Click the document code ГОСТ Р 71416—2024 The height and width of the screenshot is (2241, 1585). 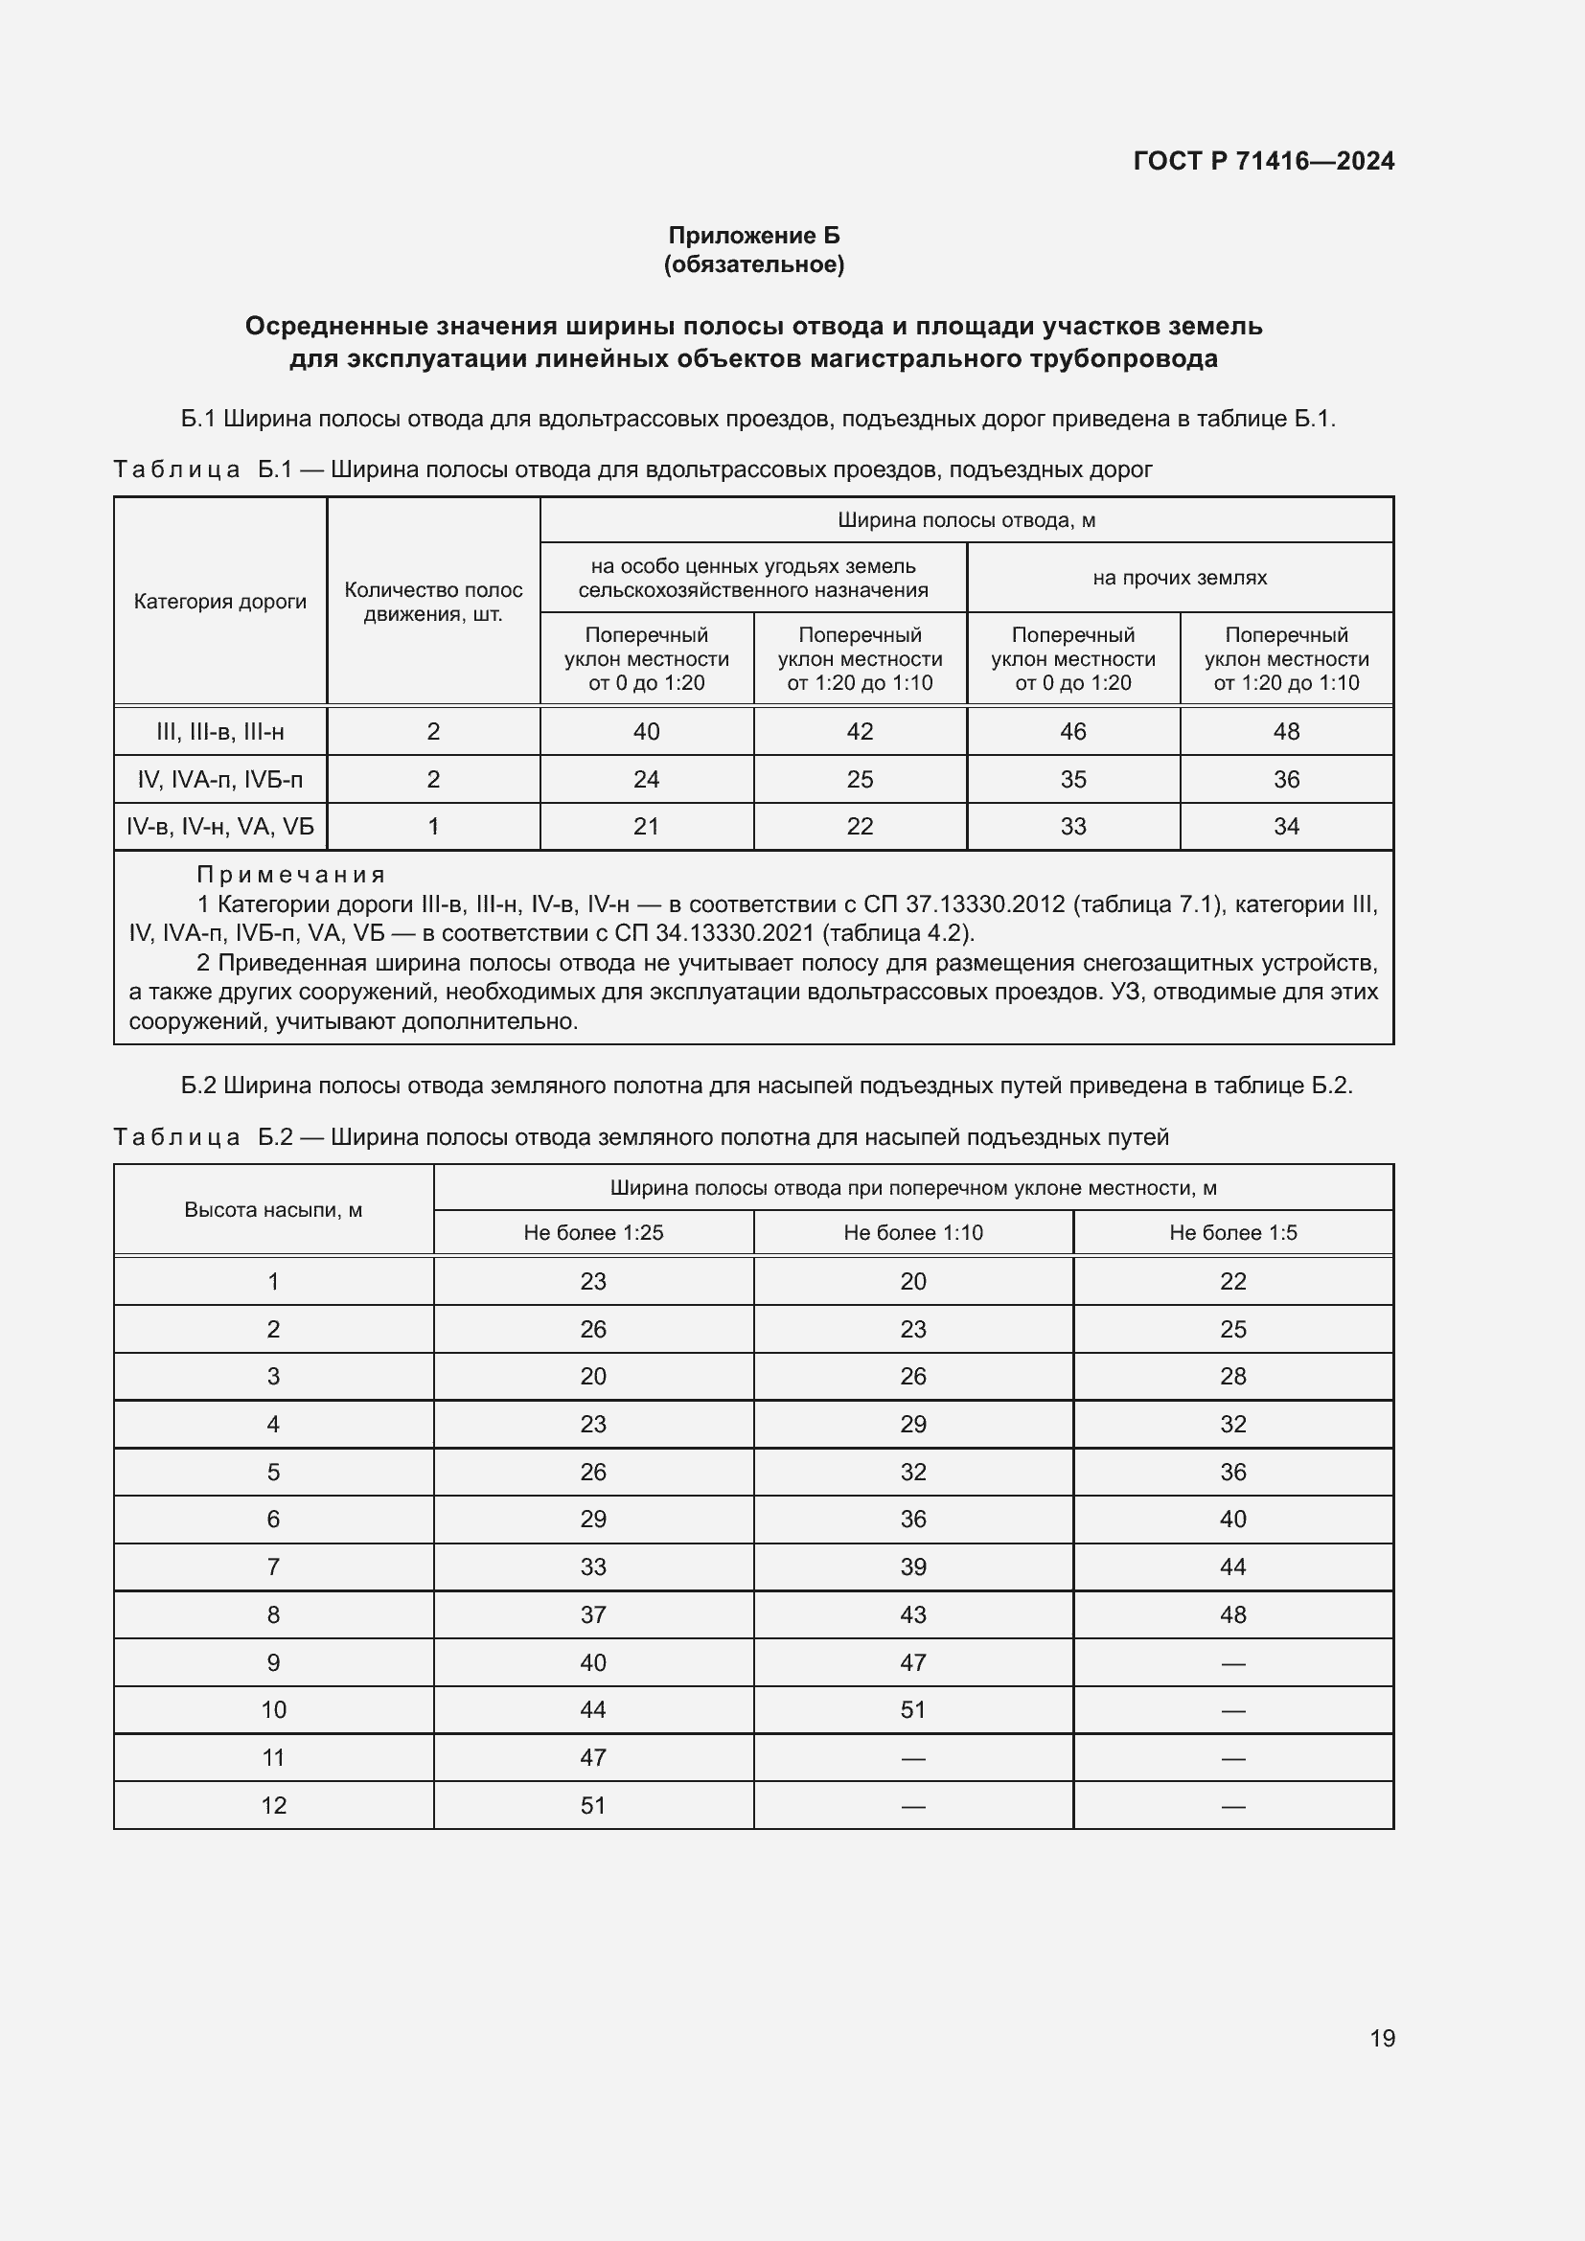coord(1263,161)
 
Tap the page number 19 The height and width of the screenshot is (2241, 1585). coord(1382,2038)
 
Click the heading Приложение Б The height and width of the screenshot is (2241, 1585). coord(753,236)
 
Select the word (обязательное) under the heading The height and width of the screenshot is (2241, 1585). coord(753,264)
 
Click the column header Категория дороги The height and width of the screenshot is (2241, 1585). coord(219,602)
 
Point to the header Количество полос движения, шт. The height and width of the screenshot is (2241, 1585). coord(433,602)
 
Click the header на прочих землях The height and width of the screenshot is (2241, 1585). coord(1179,578)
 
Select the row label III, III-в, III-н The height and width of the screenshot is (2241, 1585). coord(219,731)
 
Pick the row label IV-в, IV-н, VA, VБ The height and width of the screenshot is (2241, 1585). coord(219,827)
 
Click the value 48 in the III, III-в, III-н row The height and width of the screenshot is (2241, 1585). coord(1285,731)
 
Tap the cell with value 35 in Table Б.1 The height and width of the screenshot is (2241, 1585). coord(1072,779)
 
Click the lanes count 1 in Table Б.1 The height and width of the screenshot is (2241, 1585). coord(433,827)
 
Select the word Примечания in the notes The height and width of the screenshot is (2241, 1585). coord(291,875)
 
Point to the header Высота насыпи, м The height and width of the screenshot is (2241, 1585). coord(273,1210)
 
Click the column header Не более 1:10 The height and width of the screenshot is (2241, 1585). coord(912,1233)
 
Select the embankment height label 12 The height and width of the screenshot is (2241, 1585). coord(273,1806)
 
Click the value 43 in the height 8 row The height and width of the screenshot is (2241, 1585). coord(912,1614)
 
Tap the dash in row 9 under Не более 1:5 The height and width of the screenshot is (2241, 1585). coord(1232,1662)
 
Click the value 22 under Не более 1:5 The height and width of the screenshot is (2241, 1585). coord(1232,1282)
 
